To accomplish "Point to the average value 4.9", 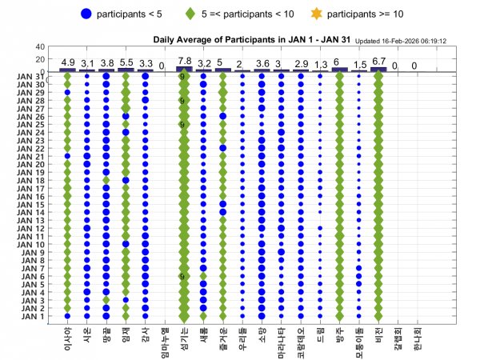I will click(x=68, y=62).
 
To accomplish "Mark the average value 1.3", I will click(x=320, y=64).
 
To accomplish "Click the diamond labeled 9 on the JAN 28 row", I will click(x=183, y=101).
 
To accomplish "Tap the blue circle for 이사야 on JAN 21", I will click(x=67, y=156).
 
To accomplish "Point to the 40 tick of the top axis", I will click(x=40, y=47).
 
